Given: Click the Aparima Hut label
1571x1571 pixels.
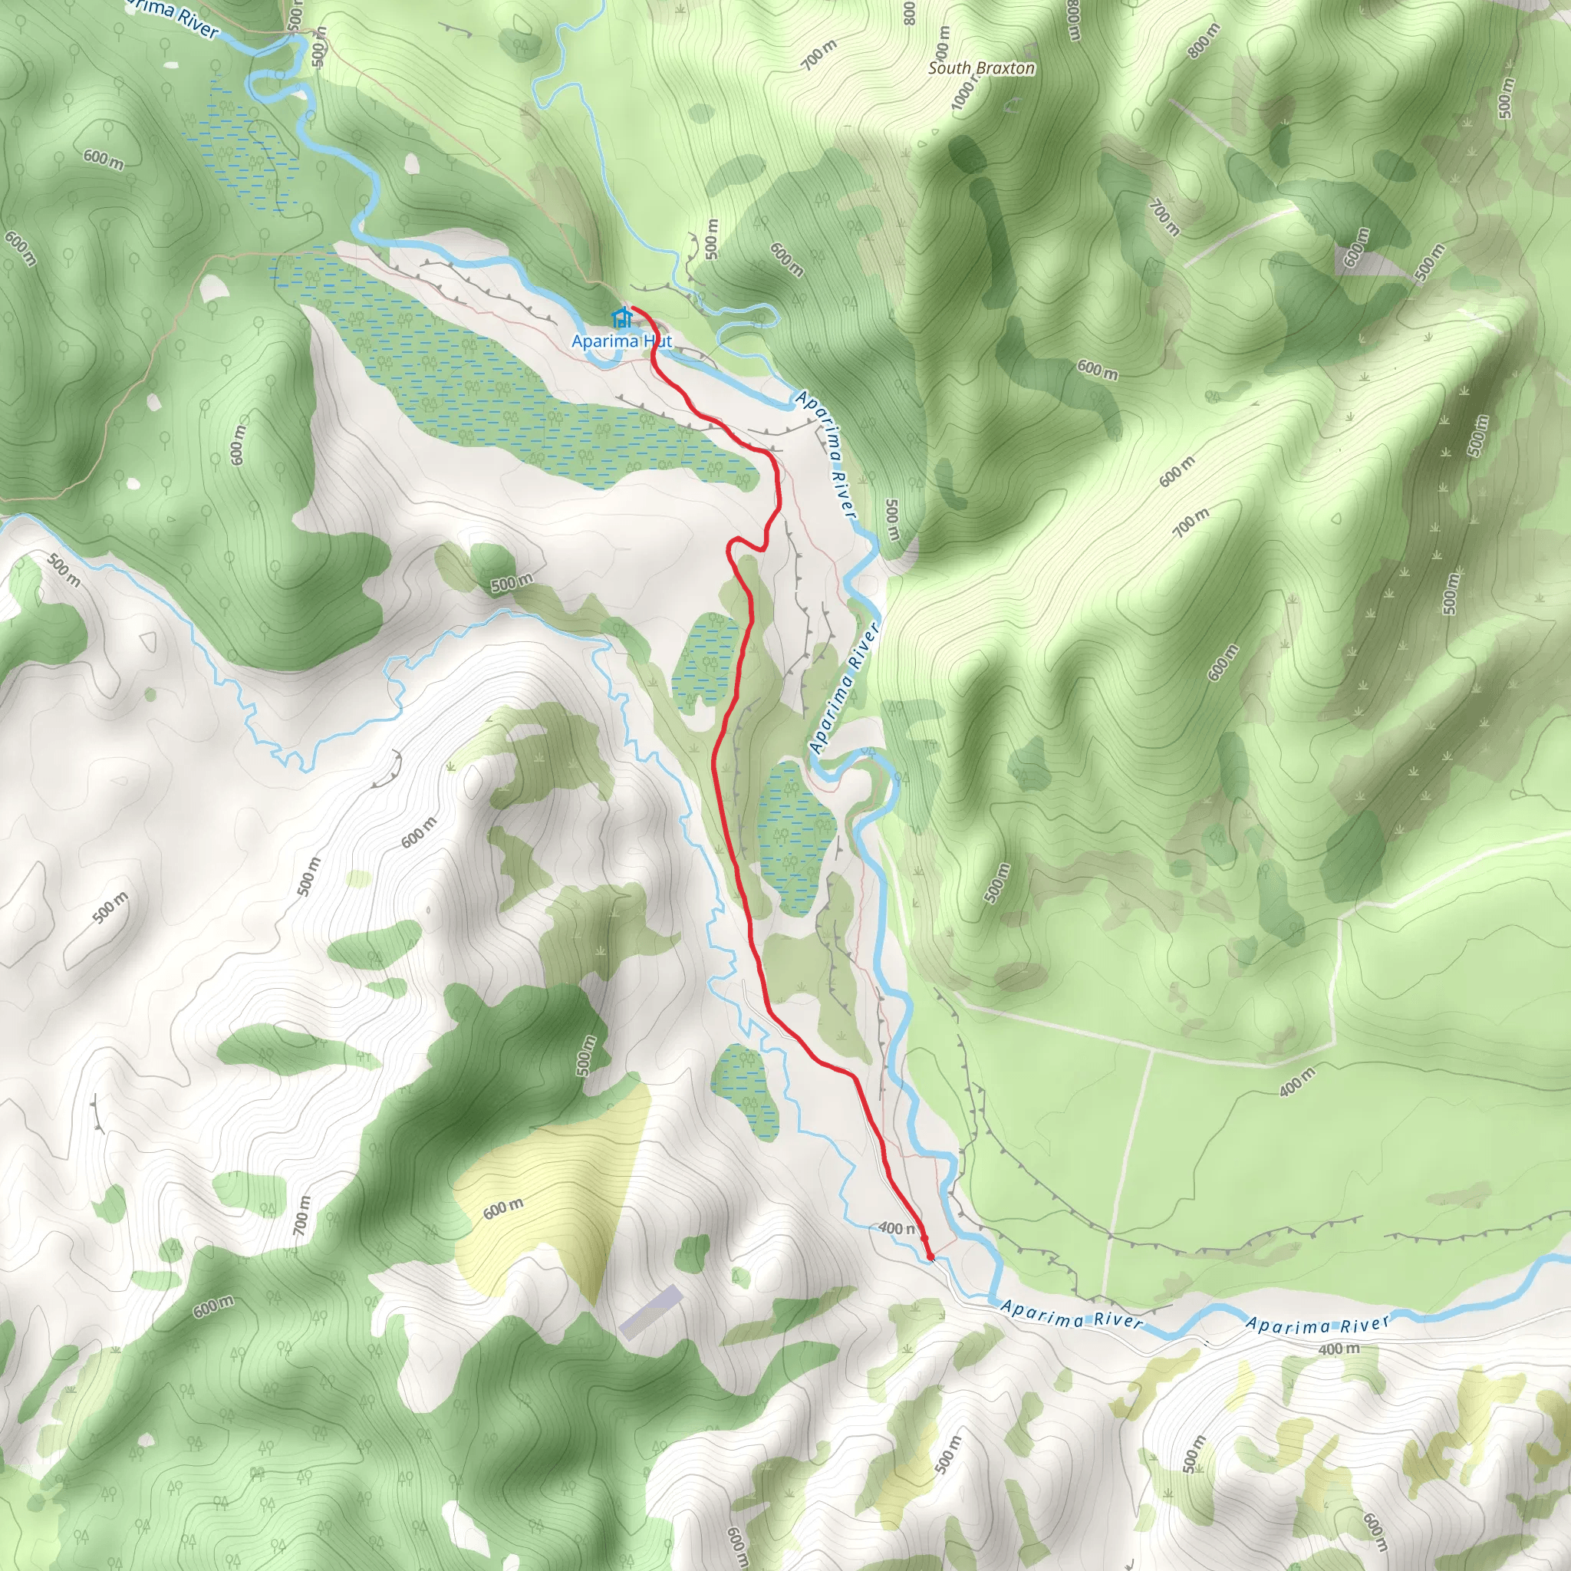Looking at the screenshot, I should coord(621,341).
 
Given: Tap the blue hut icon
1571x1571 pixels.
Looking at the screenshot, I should coord(622,317).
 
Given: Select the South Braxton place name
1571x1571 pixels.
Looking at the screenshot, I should coord(981,68).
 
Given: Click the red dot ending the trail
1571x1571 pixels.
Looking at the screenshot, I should coord(930,1257).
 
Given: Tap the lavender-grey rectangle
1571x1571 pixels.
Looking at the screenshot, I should coord(650,1311).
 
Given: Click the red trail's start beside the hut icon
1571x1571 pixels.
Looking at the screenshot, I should coord(633,308).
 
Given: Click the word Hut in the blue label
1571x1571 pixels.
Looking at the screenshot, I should coord(658,341).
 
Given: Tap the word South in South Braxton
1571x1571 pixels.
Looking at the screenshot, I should coord(950,68).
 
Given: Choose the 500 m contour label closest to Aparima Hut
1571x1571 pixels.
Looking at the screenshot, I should coord(713,239).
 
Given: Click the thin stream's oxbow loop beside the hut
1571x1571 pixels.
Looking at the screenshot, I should coord(748,321).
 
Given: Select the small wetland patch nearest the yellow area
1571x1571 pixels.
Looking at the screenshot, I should coord(745,1092).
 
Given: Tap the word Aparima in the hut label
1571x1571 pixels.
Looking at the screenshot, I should coord(605,341).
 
